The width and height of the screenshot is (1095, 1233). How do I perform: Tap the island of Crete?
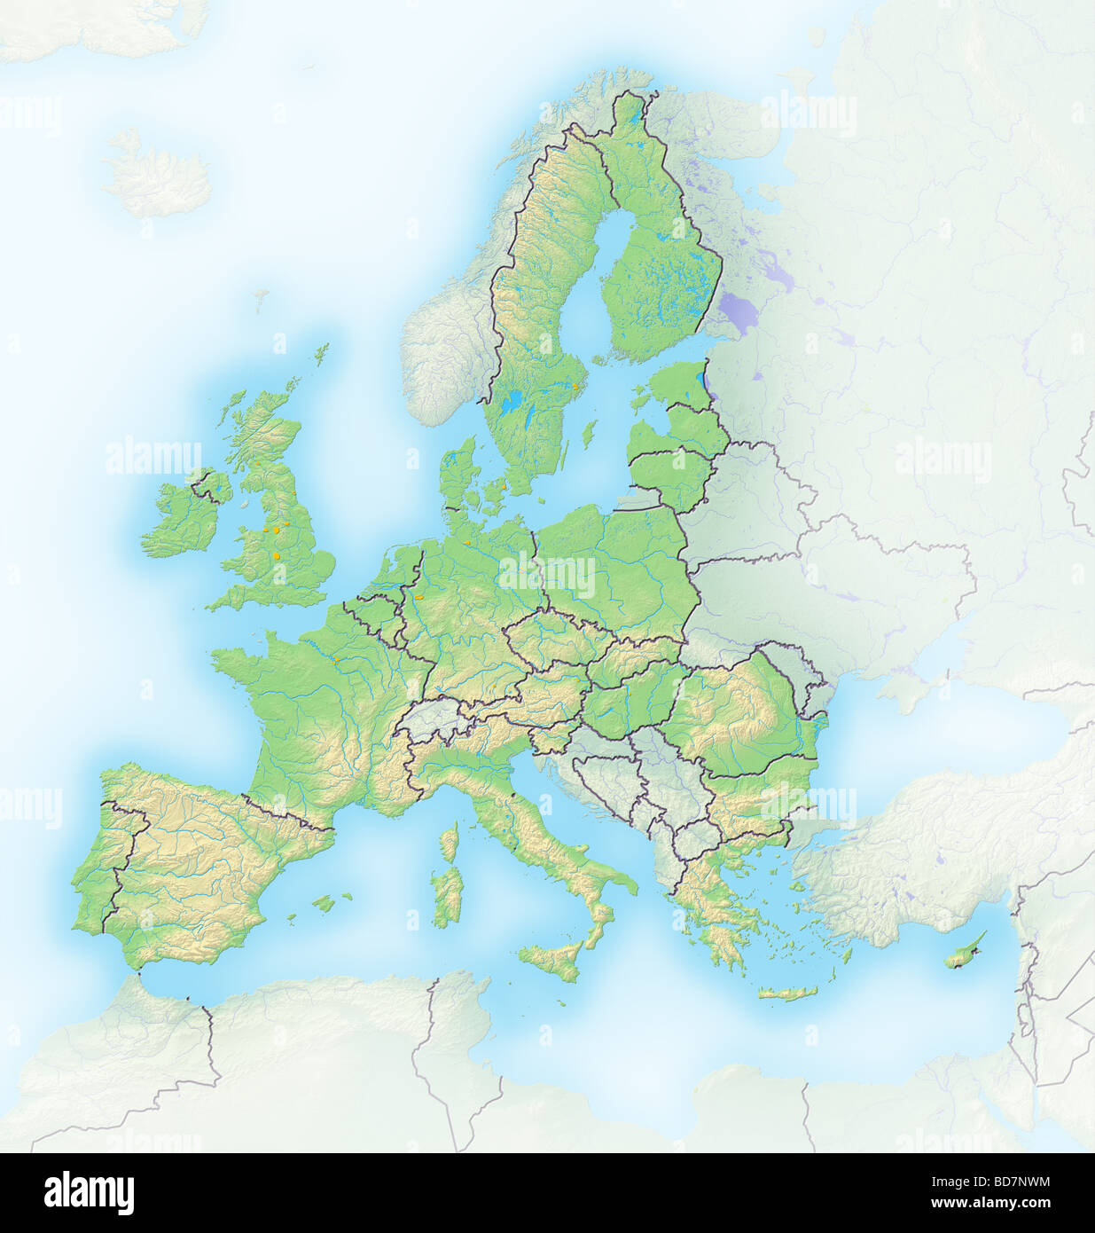tap(788, 993)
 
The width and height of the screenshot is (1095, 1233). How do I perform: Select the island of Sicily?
tap(554, 959)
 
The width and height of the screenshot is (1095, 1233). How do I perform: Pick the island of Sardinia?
tap(449, 896)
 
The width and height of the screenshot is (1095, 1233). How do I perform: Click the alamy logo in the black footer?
tap(89, 1192)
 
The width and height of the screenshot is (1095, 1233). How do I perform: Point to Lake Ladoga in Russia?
tap(745, 310)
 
